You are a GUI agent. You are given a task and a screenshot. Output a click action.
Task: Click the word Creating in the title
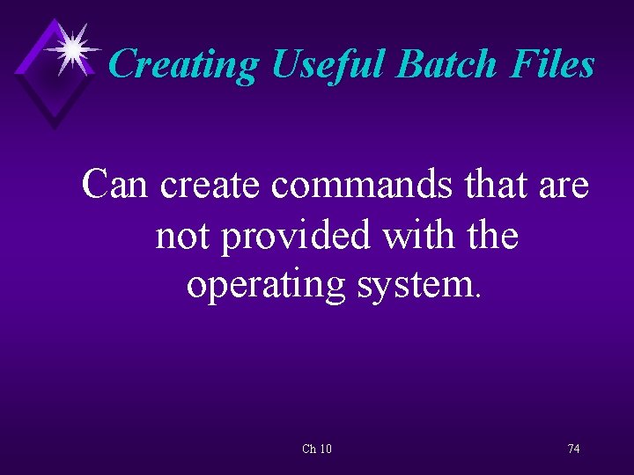click(183, 64)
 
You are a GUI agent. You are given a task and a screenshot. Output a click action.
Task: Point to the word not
click(182, 235)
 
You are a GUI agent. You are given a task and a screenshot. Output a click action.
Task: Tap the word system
click(413, 286)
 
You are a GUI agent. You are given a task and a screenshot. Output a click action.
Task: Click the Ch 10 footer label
click(317, 449)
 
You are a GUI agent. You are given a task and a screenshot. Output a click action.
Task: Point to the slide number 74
click(573, 449)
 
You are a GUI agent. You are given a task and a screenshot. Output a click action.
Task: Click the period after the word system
click(478, 296)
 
